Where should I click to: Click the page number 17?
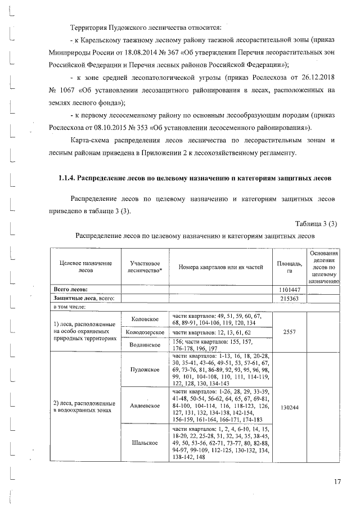click(337, 481)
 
